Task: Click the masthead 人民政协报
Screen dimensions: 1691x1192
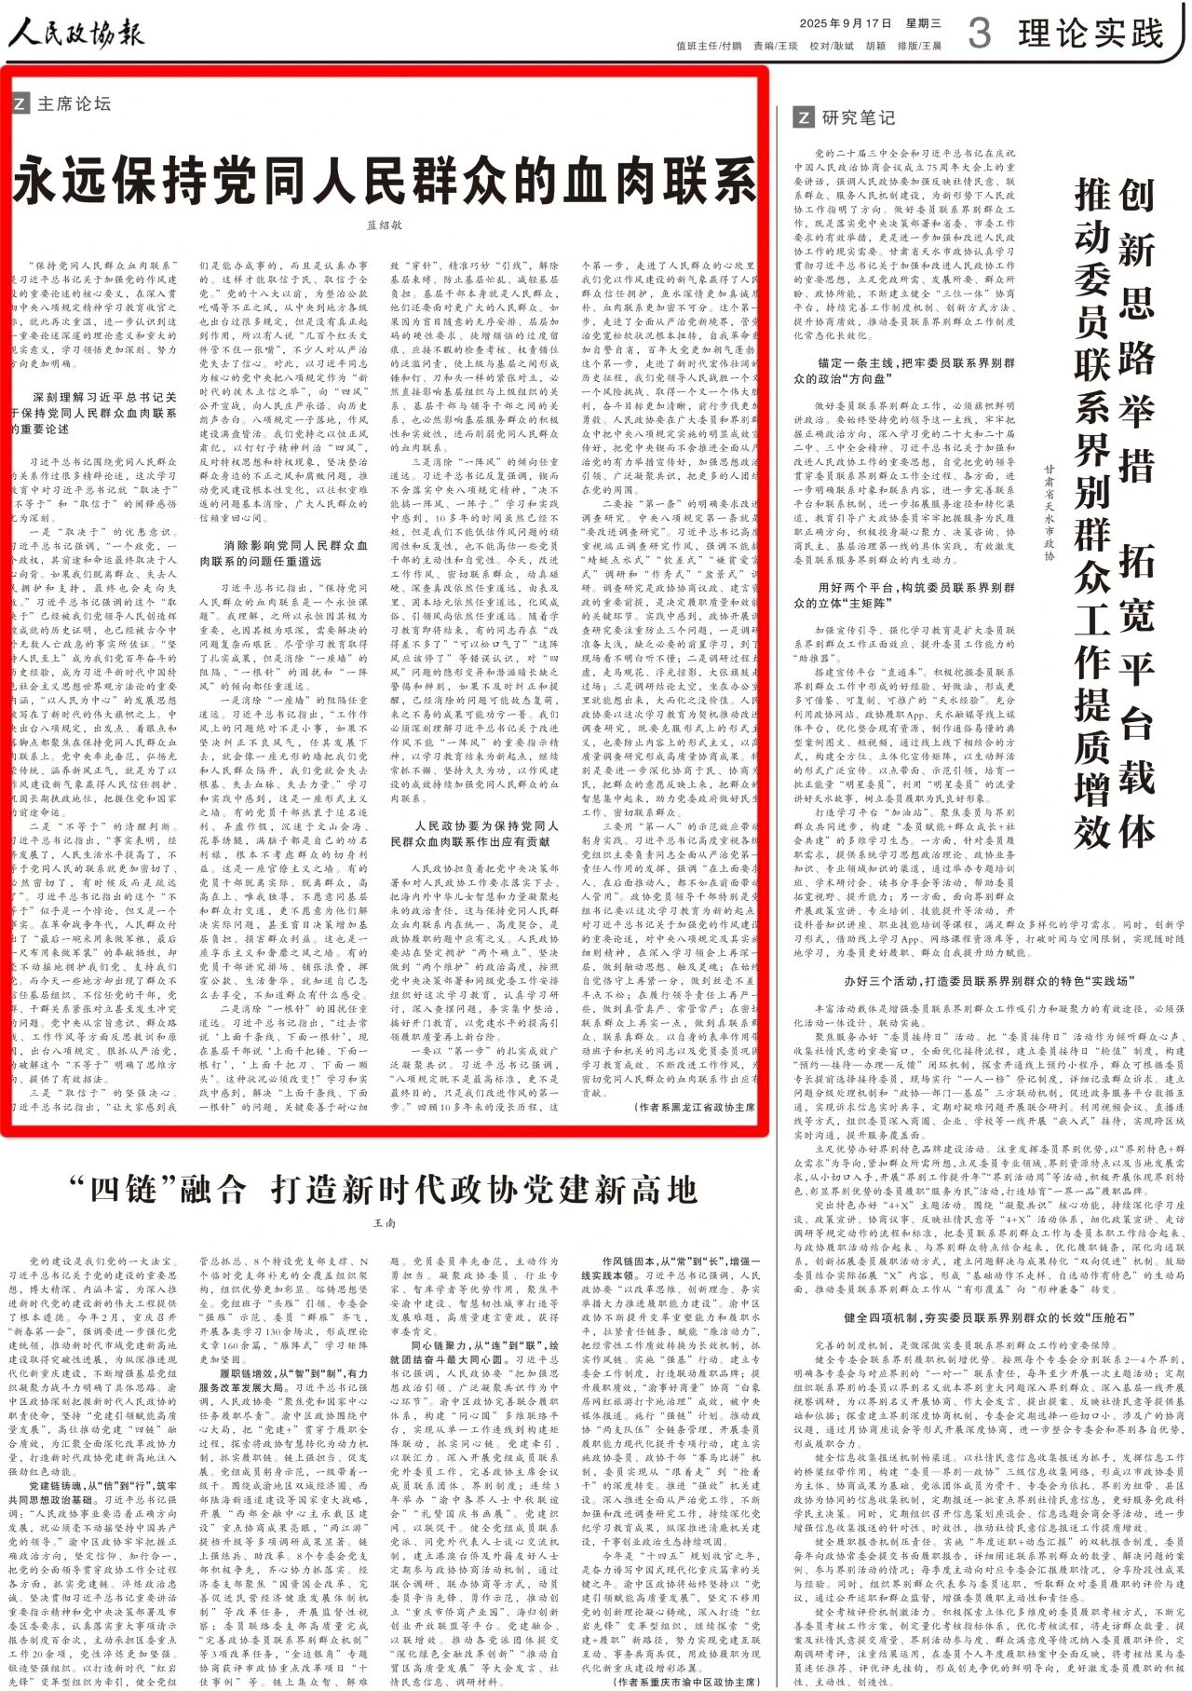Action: pyautogui.click(x=76, y=34)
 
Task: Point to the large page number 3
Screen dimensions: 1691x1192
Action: pyautogui.click(x=979, y=34)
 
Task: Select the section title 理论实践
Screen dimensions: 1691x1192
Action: pyautogui.click(x=1090, y=34)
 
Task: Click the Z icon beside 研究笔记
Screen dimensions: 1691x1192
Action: pyautogui.click(x=802, y=117)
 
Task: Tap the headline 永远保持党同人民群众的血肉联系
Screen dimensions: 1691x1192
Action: pyautogui.click(x=385, y=181)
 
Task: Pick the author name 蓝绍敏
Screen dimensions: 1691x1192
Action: pyautogui.click(x=384, y=225)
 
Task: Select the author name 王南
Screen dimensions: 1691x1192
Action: pyautogui.click(x=384, y=1221)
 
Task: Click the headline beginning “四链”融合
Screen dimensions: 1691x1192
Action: pyautogui.click(x=384, y=1189)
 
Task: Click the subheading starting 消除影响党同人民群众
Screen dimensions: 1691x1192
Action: pyautogui.click(x=284, y=553)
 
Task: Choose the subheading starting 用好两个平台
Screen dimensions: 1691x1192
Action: pyautogui.click(x=903, y=594)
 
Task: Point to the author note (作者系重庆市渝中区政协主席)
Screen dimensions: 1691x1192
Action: pyautogui.click(x=687, y=1682)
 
